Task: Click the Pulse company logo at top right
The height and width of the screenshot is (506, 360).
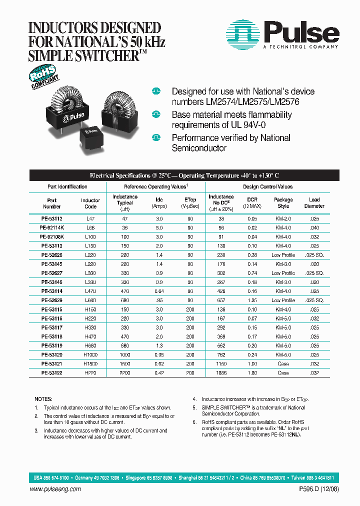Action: click(x=282, y=34)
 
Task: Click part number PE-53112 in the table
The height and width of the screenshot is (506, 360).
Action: click(x=51, y=219)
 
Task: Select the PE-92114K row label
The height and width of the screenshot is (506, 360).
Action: click(x=51, y=228)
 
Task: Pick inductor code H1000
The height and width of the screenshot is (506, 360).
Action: click(x=90, y=354)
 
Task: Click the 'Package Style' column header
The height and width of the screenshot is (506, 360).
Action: click(x=283, y=203)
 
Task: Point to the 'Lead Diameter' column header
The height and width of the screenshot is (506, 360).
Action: click(x=314, y=203)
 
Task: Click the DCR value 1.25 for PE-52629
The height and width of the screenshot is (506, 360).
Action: click(x=252, y=300)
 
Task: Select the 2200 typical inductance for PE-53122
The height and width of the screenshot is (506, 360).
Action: click(x=124, y=372)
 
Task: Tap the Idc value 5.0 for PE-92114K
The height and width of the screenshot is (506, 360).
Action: click(x=159, y=228)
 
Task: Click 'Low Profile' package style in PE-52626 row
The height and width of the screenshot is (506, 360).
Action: click(x=283, y=255)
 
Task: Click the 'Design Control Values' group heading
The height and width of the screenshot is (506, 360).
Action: click(x=267, y=187)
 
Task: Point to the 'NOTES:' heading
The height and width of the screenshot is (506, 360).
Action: click(x=43, y=399)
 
